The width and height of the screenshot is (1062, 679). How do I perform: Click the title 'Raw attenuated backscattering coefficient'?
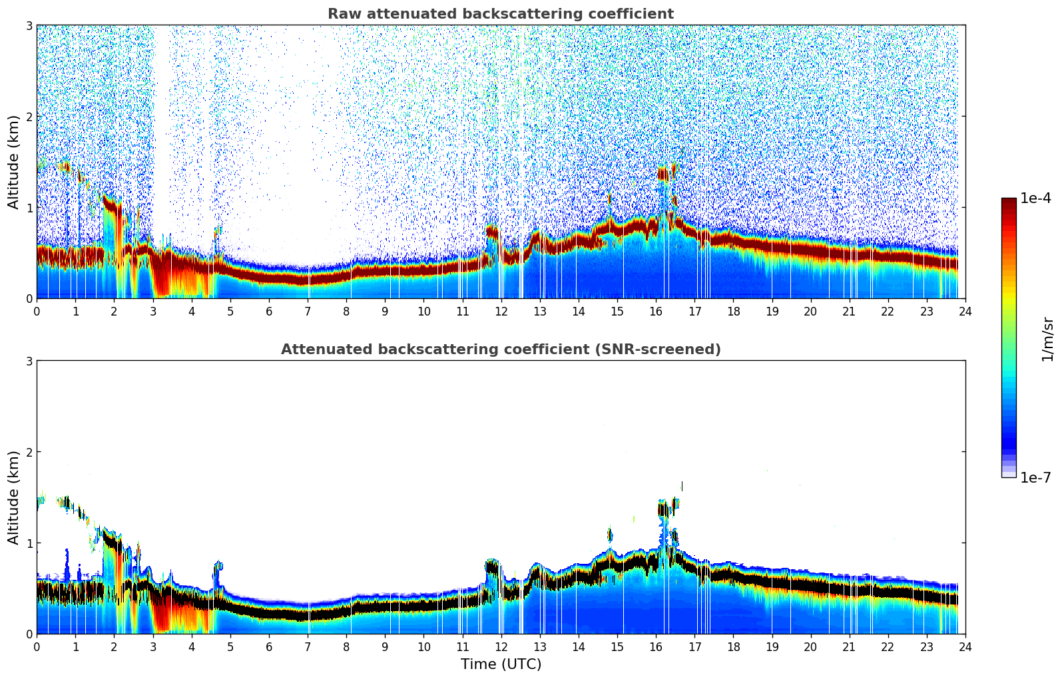click(500, 14)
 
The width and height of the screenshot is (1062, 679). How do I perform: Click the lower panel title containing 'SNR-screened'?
click(500, 349)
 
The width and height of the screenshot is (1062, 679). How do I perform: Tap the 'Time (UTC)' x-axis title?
click(501, 664)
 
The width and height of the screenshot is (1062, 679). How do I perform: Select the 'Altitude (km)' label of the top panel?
click(13, 162)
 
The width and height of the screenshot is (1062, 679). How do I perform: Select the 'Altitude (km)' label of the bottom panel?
click(13, 497)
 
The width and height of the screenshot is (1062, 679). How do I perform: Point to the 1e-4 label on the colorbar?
click(1035, 198)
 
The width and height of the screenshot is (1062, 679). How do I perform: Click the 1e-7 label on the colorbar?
click(1035, 477)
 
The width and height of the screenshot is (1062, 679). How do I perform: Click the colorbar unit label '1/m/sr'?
click(1047, 339)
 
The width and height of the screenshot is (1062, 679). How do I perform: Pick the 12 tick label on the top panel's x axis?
click(501, 311)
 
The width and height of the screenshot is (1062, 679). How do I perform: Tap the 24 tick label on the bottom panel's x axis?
click(965, 646)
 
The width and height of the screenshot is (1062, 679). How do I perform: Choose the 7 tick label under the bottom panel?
click(308, 646)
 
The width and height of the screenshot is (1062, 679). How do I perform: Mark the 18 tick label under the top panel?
click(733, 311)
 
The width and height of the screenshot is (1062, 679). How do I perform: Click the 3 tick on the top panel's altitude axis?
click(29, 25)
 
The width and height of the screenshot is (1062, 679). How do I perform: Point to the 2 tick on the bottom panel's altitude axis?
click(29, 452)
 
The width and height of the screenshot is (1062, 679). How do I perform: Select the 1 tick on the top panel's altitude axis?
click(29, 208)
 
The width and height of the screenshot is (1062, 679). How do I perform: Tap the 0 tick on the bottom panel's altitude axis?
click(29, 634)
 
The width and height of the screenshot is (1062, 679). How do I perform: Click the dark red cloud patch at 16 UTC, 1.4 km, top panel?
click(663, 174)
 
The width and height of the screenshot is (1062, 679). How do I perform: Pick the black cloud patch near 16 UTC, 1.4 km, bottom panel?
click(663, 510)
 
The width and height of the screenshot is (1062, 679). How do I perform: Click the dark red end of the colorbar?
click(1008, 202)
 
